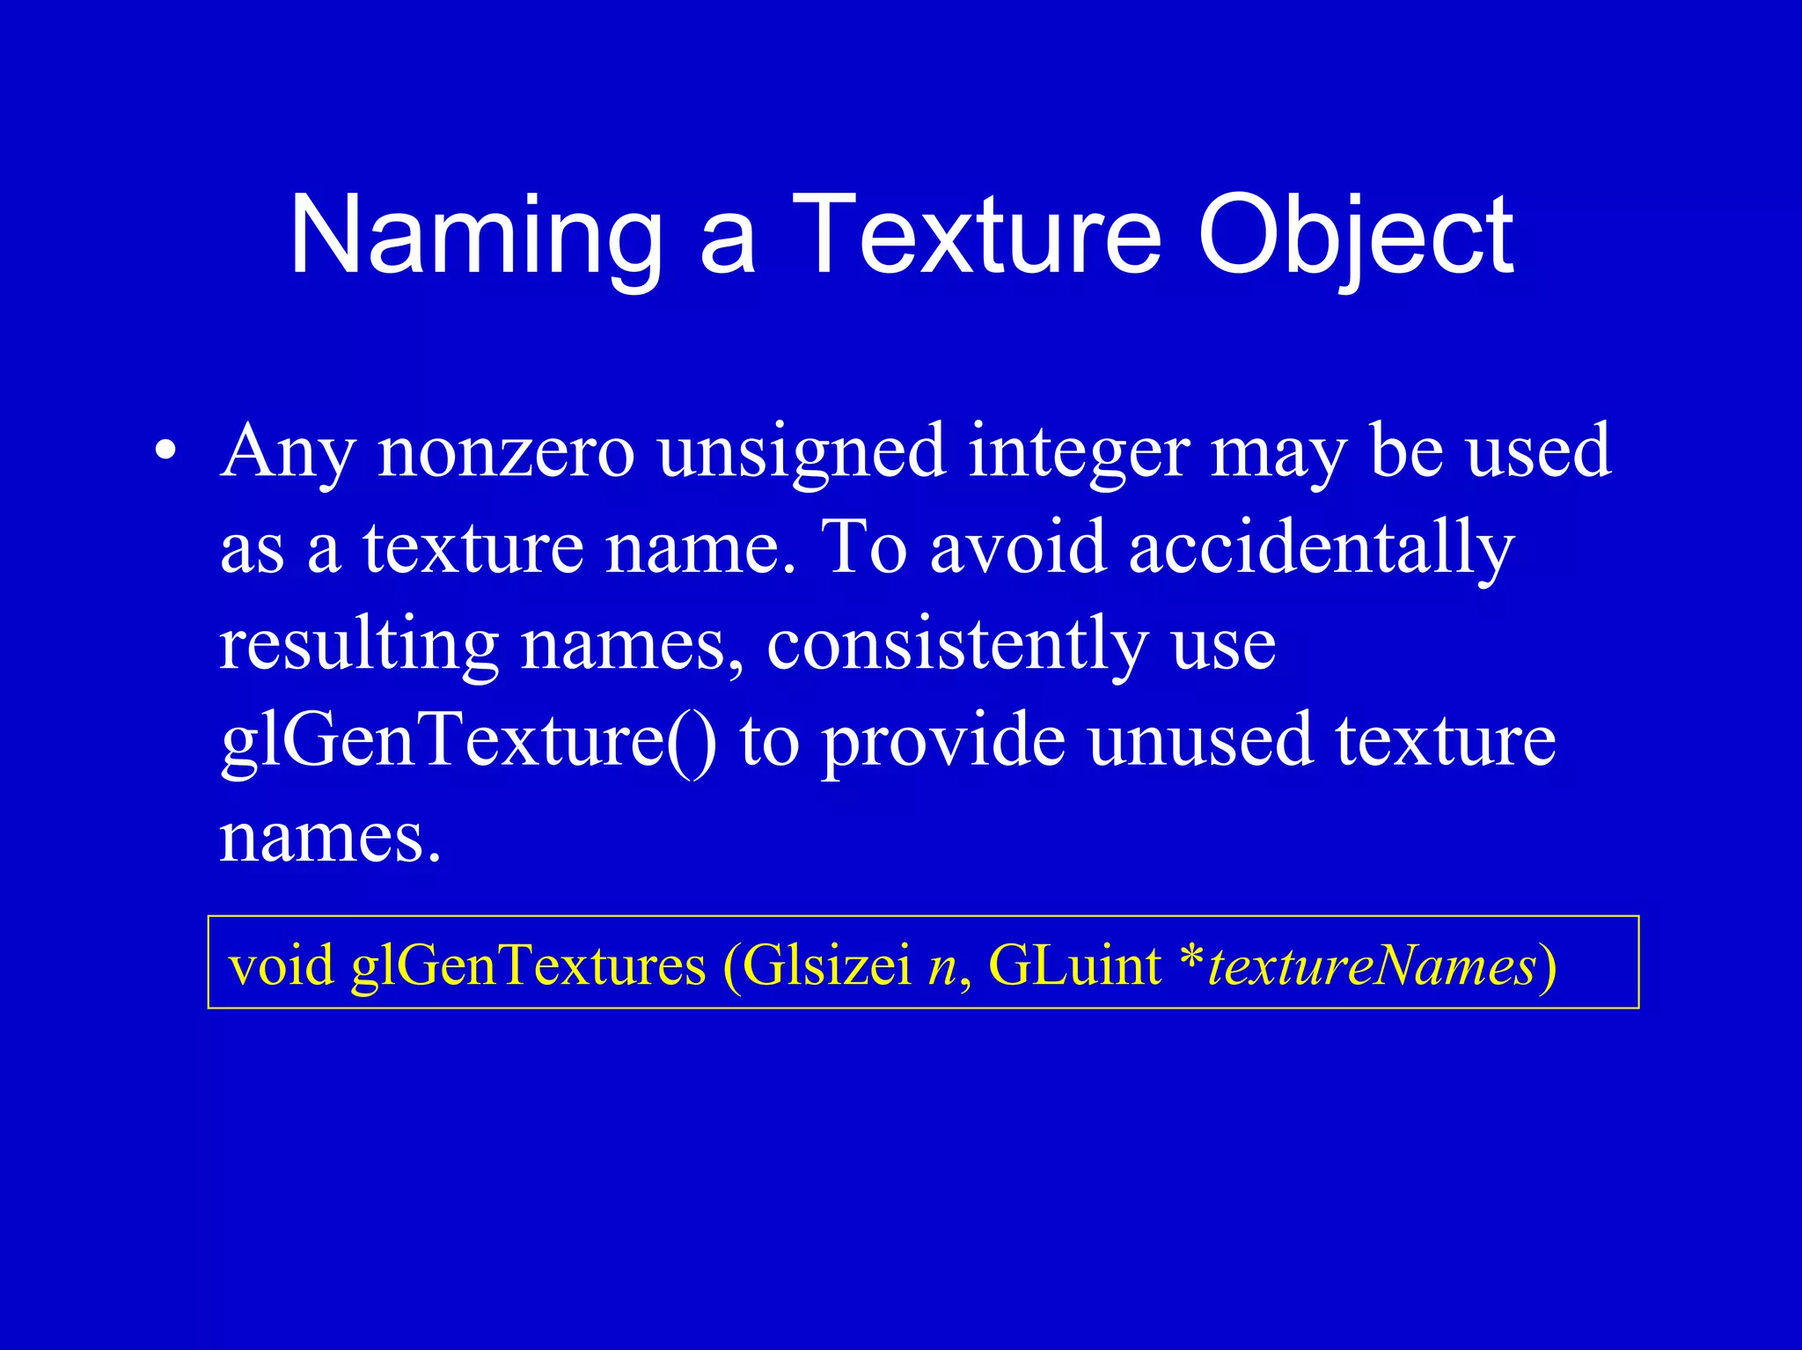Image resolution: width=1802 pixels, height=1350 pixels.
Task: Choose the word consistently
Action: (957, 644)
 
